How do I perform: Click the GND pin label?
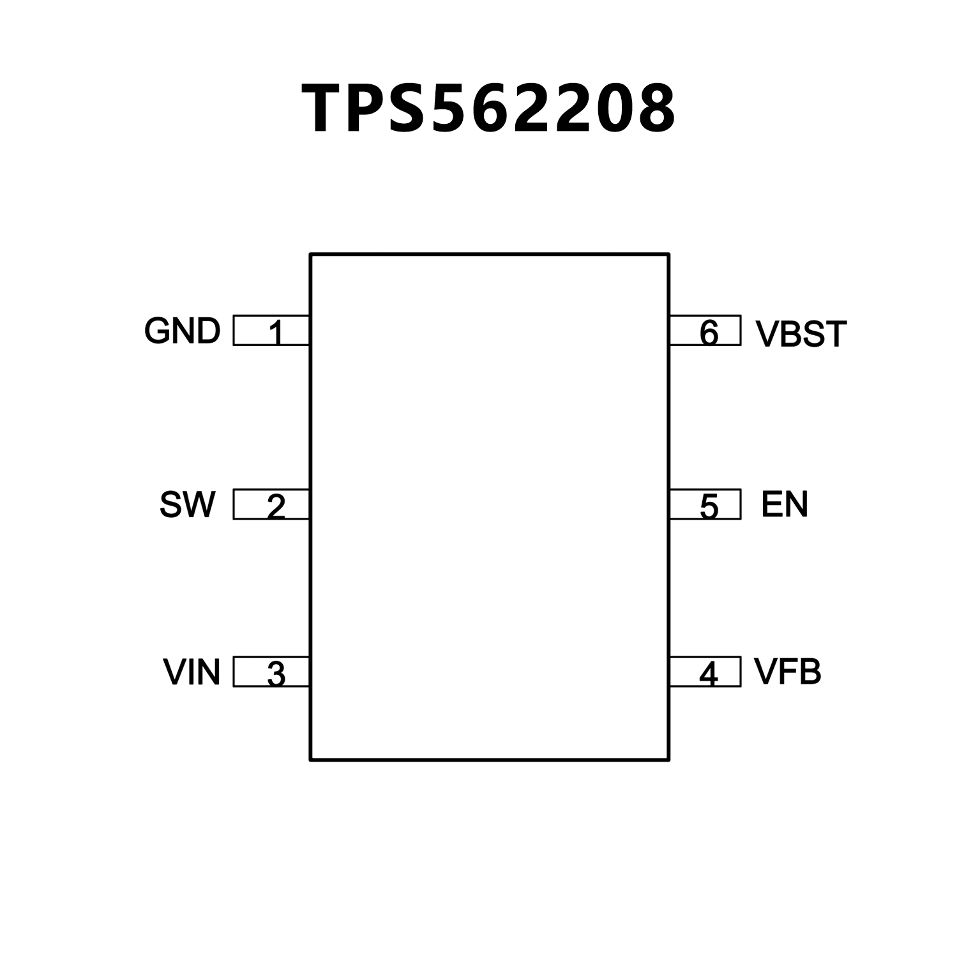pos(182,331)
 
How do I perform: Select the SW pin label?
pos(187,504)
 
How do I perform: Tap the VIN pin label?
pos(192,672)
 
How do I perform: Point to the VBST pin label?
pos(801,334)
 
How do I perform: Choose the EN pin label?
pos(785,504)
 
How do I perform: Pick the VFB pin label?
pos(787,672)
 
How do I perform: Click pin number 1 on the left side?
pos(275,332)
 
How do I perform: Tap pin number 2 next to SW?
pos(275,506)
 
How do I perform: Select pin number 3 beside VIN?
pos(275,674)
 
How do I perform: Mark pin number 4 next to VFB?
pos(708,674)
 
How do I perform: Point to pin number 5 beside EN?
pos(709,506)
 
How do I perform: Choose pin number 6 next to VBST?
pos(709,332)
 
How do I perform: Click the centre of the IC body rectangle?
pos(490,507)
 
